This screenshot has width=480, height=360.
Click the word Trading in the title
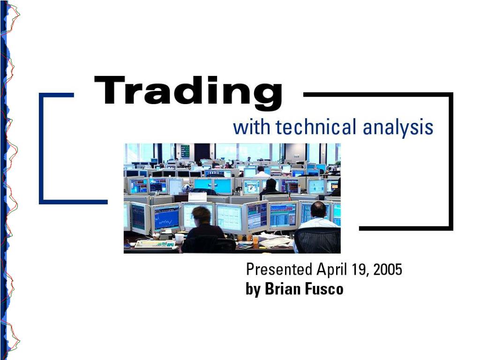tap(188, 92)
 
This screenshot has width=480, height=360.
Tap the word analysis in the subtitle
tap(398, 128)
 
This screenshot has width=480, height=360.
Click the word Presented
tap(279, 270)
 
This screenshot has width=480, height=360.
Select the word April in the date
tap(332, 270)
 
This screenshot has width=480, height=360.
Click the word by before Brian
tap(253, 289)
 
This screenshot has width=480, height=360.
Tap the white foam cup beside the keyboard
tap(179, 239)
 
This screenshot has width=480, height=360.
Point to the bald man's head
tap(318, 210)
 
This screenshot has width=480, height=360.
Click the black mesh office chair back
tap(317, 240)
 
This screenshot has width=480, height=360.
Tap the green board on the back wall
tap(185, 150)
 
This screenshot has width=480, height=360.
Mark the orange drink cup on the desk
tap(255, 241)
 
